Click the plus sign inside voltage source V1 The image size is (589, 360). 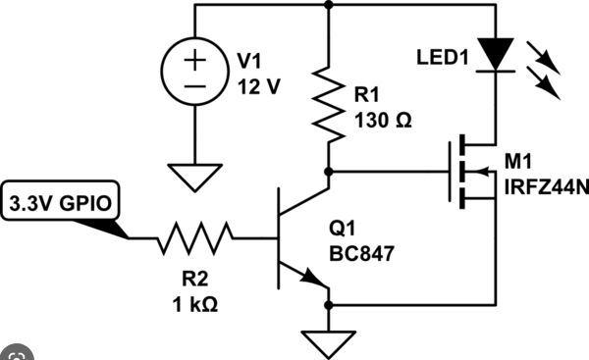(194, 60)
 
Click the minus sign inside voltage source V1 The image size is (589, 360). (194, 86)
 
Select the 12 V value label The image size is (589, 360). (259, 86)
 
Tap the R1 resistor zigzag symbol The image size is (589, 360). (328, 104)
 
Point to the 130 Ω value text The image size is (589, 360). (383, 121)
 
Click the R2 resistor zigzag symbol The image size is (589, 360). (194, 238)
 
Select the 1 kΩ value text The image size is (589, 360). (195, 304)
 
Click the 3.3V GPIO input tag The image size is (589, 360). (61, 203)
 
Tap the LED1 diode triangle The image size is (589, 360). (496, 54)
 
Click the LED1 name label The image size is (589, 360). (443, 58)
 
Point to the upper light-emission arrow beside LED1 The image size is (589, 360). (544, 58)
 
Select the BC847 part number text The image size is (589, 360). (361, 253)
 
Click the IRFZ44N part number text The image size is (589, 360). (547, 187)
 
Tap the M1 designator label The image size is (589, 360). (518, 162)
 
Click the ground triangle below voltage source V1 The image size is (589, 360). (194, 178)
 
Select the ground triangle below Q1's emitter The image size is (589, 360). (328, 344)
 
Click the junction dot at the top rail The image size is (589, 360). (328, 5)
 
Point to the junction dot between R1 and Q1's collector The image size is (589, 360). (328, 172)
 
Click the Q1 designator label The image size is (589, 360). (342, 229)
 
